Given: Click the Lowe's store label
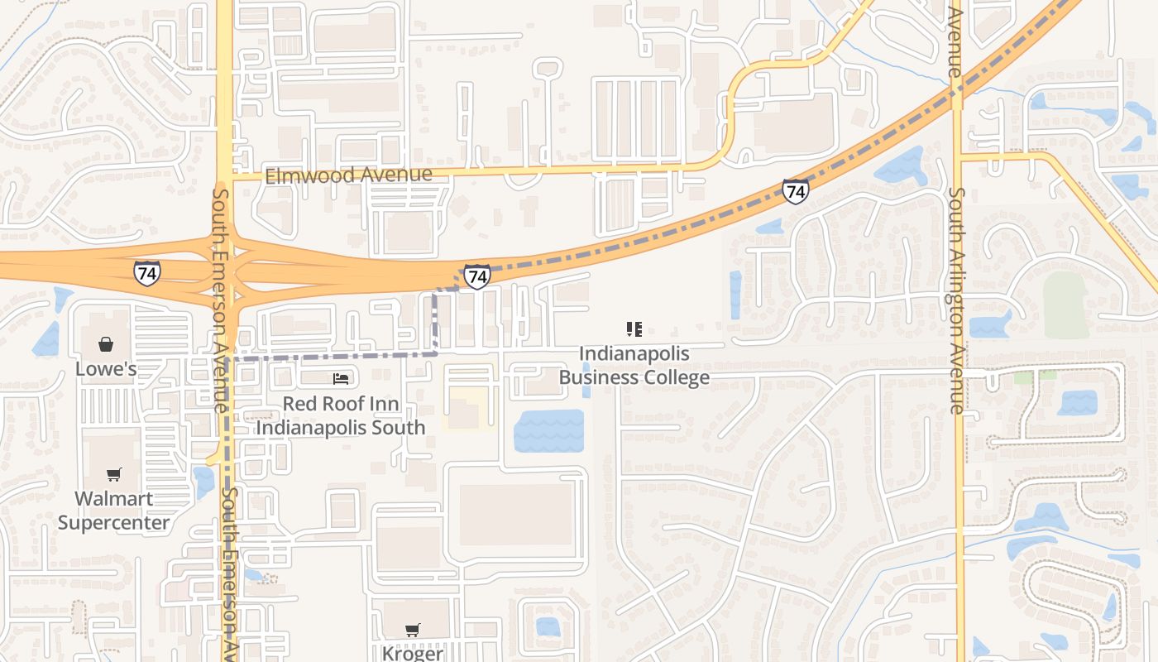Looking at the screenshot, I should (x=106, y=368).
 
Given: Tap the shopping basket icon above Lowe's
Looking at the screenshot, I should (x=106, y=343).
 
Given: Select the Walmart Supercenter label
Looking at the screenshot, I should (x=113, y=511).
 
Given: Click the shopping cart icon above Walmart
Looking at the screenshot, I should (x=114, y=474).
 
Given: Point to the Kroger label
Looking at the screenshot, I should (x=412, y=653).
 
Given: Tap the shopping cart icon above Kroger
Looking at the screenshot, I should (x=413, y=630).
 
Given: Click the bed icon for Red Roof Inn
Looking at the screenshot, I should (x=341, y=379).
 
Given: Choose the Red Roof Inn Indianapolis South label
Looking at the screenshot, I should (x=341, y=415).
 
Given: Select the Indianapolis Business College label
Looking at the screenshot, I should (x=634, y=366).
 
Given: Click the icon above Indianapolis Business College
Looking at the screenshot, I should (x=634, y=330).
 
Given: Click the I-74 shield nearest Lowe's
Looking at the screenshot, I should (x=147, y=272).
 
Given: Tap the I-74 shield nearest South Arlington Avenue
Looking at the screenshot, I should (x=795, y=191).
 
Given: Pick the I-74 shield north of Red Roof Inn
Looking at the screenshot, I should (x=476, y=276).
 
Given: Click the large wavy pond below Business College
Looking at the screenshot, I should (x=548, y=431).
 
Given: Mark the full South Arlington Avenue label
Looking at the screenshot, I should (x=956, y=300).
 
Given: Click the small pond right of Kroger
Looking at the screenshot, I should (x=548, y=626).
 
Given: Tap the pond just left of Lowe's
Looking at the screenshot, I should (x=46, y=339).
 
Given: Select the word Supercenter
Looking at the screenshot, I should (x=113, y=522).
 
